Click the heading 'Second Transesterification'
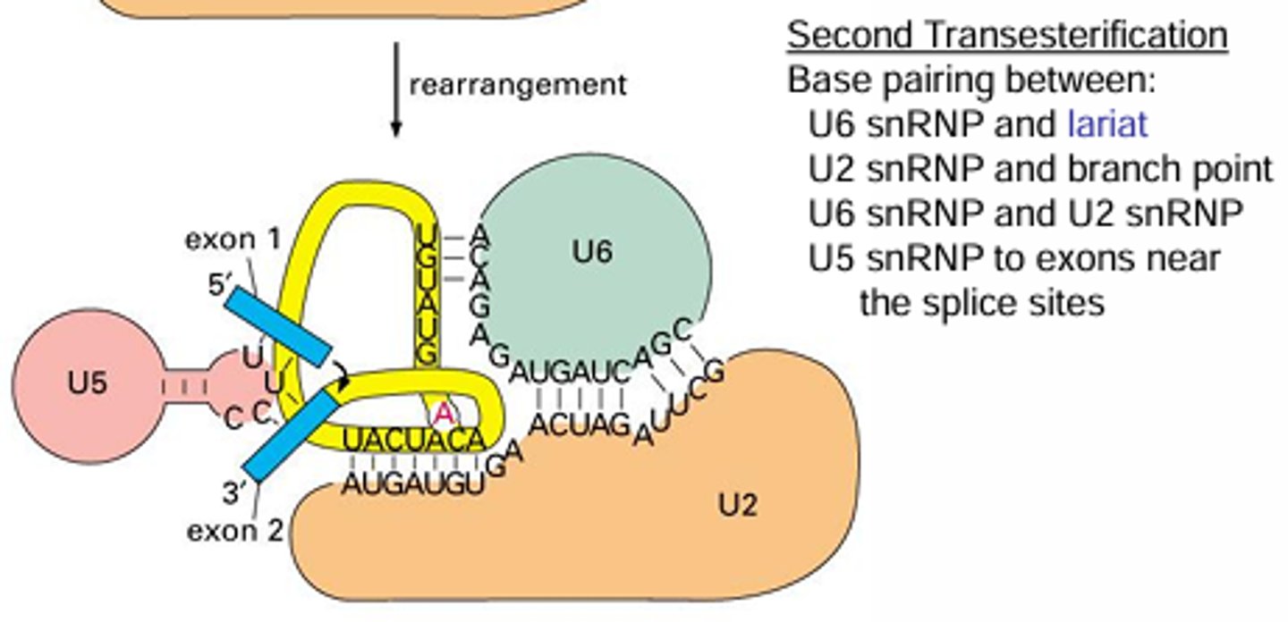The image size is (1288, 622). point(1007,36)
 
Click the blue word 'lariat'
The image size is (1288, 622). point(1107,124)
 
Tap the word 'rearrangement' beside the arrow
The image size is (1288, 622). point(518,85)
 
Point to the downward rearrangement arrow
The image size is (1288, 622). point(395,89)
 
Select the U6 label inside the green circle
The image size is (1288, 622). point(592,253)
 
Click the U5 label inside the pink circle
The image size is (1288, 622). point(88,383)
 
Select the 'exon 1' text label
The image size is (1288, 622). point(233,240)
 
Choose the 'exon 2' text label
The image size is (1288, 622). point(235,532)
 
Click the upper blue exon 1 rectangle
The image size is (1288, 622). point(277,327)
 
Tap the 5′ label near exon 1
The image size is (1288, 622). point(220,285)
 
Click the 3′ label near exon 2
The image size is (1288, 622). point(233,492)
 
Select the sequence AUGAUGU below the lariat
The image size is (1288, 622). point(413,485)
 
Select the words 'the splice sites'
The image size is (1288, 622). point(981,303)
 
